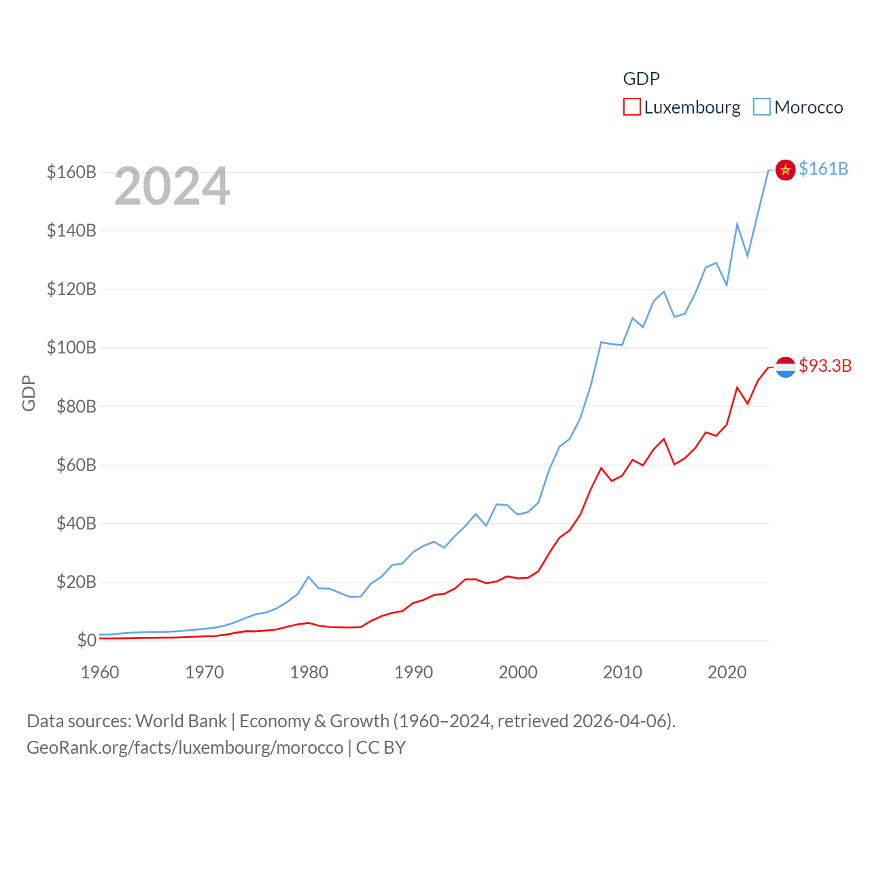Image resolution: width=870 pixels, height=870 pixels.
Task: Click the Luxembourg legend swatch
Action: pyautogui.click(x=632, y=107)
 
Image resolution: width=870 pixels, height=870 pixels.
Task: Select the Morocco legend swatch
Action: pyautogui.click(x=762, y=107)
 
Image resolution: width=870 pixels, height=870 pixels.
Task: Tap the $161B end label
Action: pyautogui.click(x=823, y=169)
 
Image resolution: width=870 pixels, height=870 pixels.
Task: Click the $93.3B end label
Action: pyautogui.click(x=825, y=366)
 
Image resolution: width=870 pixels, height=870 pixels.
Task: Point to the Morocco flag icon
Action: pyautogui.click(x=786, y=169)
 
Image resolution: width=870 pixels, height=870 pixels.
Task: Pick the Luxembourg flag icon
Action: pyautogui.click(x=786, y=367)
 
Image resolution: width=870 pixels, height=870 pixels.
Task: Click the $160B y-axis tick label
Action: pyautogui.click(x=71, y=172)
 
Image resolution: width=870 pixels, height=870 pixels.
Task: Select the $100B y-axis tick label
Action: pyautogui.click(x=71, y=348)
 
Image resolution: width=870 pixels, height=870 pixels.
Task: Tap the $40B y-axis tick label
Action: pyautogui.click(x=76, y=523)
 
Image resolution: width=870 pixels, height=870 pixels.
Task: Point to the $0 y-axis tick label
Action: pyautogui.click(x=86, y=640)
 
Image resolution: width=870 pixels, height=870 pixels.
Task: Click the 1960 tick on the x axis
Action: pyautogui.click(x=100, y=672)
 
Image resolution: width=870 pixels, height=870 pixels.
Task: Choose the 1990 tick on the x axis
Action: pyautogui.click(x=413, y=672)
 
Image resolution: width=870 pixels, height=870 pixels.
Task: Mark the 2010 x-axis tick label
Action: pyautogui.click(x=623, y=672)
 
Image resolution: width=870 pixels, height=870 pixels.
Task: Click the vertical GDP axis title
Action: pyautogui.click(x=29, y=393)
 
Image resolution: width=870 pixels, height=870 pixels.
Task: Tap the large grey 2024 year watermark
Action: pyautogui.click(x=172, y=186)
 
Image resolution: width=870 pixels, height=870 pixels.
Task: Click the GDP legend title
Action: pyautogui.click(x=641, y=79)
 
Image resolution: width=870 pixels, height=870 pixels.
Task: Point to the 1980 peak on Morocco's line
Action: pyautogui.click(x=309, y=577)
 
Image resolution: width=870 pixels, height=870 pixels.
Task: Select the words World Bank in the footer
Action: pyautogui.click(x=181, y=720)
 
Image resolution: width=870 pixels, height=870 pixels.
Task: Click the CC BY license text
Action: pyautogui.click(x=381, y=748)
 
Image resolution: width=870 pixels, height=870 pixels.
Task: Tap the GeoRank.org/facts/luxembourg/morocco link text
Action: pyautogui.click(x=185, y=748)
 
